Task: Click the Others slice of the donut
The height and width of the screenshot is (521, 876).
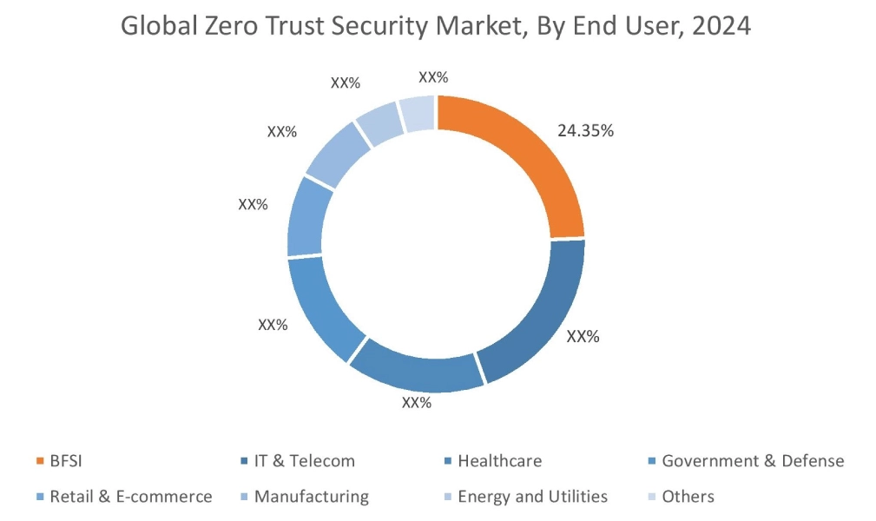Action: click(x=418, y=114)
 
